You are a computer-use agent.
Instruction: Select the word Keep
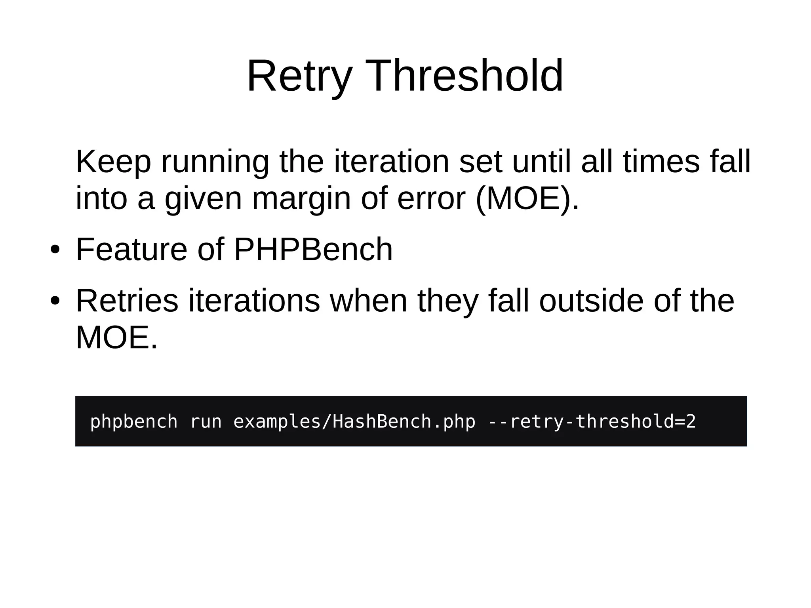pyautogui.click(x=114, y=162)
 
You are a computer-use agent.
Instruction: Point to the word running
pyautogui.click(x=215, y=162)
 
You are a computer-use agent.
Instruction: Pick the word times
pyautogui.click(x=661, y=162)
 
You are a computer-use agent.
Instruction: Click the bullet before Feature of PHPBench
pyautogui.click(x=55, y=250)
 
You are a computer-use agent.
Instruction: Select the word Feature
pyautogui.click(x=131, y=250)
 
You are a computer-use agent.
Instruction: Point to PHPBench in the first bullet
pyautogui.click(x=313, y=250)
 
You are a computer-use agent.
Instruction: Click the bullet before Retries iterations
pyautogui.click(x=55, y=301)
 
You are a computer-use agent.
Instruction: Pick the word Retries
pyautogui.click(x=127, y=301)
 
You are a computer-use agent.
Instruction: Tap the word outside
pyautogui.click(x=591, y=301)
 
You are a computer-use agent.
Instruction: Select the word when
pyautogui.click(x=369, y=301)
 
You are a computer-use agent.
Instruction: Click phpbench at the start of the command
pyautogui.click(x=134, y=421)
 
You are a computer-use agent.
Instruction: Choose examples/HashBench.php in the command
pyautogui.click(x=354, y=421)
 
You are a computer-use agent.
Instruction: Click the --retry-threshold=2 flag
pyautogui.click(x=592, y=421)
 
